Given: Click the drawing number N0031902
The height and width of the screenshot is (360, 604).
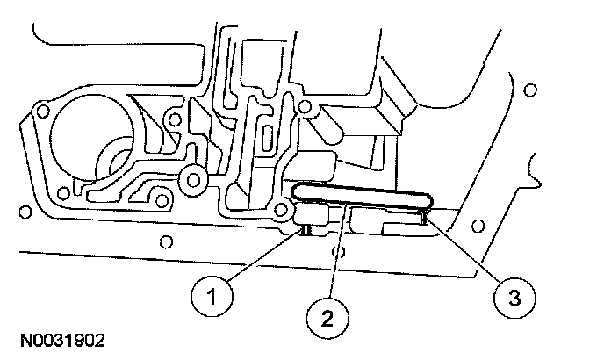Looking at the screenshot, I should [60, 338].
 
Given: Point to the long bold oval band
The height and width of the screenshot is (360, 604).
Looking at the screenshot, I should [360, 198].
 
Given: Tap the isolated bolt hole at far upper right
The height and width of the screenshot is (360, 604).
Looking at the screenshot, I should [530, 90].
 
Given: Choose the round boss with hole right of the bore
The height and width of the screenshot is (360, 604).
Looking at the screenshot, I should [189, 180].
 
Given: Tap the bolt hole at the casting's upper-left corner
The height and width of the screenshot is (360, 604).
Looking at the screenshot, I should [40, 110].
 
